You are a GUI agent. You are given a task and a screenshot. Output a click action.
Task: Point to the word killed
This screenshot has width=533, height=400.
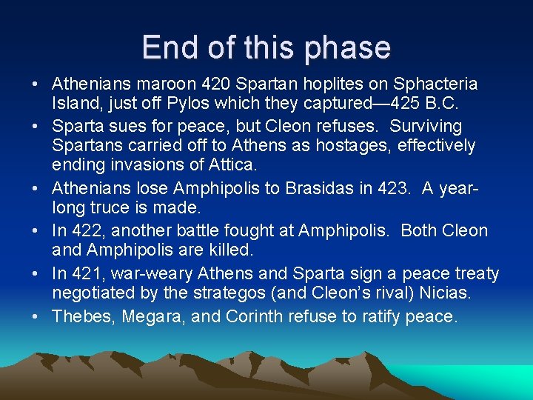[228, 250]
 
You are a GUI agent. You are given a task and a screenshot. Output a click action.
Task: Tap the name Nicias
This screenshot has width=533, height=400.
[444, 293]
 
